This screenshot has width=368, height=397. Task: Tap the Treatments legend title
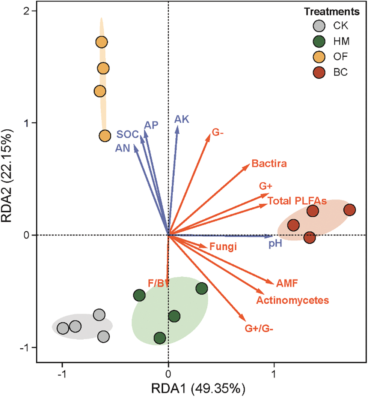(x=332, y=12)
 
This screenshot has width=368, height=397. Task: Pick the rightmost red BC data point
(x=350, y=210)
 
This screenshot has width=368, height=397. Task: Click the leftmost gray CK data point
(x=63, y=328)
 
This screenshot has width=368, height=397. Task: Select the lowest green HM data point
(x=160, y=338)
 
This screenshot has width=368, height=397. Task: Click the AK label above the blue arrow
(x=182, y=120)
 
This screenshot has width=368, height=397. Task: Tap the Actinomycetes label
(x=293, y=300)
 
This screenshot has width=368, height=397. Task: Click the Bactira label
(x=270, y=164)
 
